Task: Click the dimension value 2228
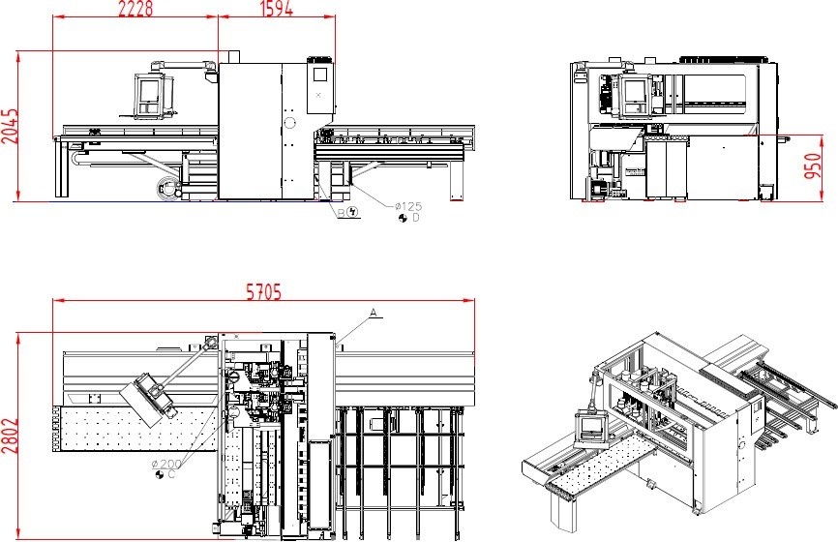pyautogui.click(x=135, y=8)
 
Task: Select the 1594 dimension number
pyautogui.click(x=277, y=8)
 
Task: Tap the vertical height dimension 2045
pyautogui.click(x=10, y=127)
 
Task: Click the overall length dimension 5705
pyautogui.click(x=263, y=292)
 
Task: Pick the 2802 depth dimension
pyautogui.click(x=10, y=437)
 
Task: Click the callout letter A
pyautogui.click(x=374, y=312)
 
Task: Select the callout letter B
pyautogui.click(x=341, y=213)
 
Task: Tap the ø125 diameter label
pyautogui.click(x=408, y=206)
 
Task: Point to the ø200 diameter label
pyautogui.click(x=166, y=464)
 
